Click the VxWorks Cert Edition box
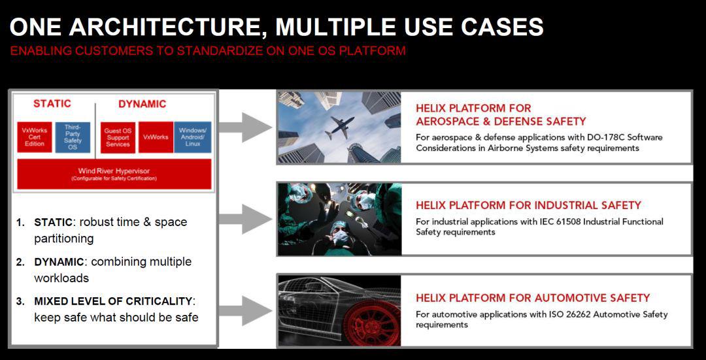point(35,137)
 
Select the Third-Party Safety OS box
point(73,137)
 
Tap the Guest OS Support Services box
point(118,137)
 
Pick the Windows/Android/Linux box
point(193,137)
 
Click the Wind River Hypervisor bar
point(114,174)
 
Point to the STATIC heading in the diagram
point(52,104)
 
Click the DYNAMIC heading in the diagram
point(143,104)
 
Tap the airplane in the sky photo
point(339,127)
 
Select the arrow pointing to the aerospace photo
point(245,127)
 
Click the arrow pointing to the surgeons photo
point(245,219)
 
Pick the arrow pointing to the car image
point(245,311)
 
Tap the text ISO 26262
point(568,314)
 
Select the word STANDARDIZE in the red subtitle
point(220,51)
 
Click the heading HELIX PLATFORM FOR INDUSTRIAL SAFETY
point(528,206)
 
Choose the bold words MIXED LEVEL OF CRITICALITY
point(113,301)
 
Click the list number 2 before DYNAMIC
point(20,262)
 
